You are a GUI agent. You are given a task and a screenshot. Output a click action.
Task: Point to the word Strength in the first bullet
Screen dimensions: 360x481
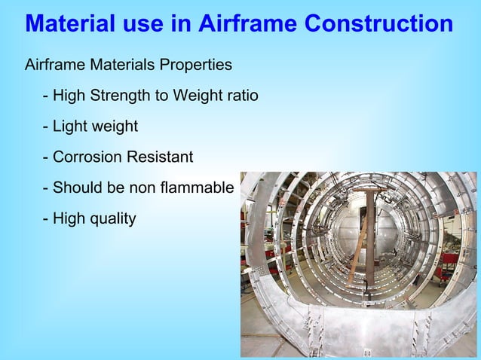[129, 96]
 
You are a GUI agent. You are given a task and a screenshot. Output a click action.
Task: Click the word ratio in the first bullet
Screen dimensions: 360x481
[241, 96]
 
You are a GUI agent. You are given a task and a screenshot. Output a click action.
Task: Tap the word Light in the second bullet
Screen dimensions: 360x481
[70, 127]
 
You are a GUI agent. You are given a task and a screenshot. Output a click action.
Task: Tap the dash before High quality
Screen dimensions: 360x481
[46, 219]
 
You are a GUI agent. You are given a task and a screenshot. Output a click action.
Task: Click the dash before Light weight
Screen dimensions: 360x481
[46, 127]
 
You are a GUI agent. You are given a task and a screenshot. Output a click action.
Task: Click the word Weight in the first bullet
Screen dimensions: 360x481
[196, 96]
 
